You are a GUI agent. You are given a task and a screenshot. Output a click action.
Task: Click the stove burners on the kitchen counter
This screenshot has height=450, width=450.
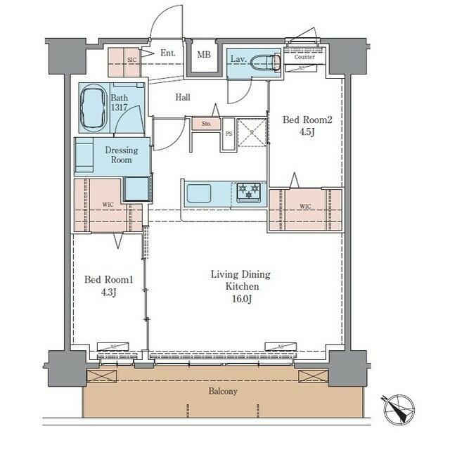tap(248, 191)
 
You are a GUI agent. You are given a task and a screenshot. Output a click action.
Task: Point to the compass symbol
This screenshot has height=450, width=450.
tap(399, 409)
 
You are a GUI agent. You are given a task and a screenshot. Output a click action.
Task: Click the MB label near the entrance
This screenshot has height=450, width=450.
tap(203, 55)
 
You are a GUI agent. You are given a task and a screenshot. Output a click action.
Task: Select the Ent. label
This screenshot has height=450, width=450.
tap(167, 53)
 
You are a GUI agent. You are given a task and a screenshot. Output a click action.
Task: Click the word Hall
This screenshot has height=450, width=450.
tap(184, 98)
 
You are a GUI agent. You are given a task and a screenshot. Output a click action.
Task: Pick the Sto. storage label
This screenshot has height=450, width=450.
tap(206, 124)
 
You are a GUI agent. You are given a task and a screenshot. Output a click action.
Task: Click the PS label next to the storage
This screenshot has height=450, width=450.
tap(228, 132)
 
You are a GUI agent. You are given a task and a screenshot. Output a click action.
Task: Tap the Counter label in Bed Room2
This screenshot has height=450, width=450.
tap(304, 57)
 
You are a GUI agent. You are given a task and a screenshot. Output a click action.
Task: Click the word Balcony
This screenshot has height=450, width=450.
tap(221, 391)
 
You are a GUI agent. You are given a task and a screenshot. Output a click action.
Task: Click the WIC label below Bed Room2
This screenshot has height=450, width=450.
tap(305, 207)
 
